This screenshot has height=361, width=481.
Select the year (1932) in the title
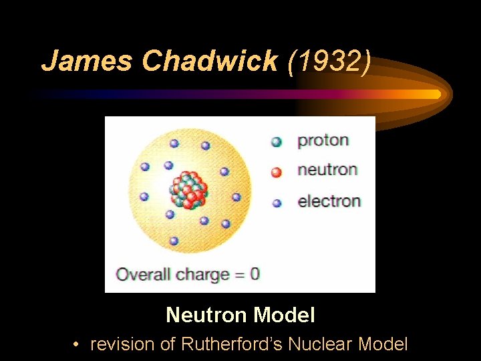[x=328, y=61]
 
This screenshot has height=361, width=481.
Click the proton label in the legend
[x=323, y=140]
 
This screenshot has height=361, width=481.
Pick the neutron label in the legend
[x=327, y=170]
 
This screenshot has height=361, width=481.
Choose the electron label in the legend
[x=329, y=201]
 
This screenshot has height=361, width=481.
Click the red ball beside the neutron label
[x=277, y=172]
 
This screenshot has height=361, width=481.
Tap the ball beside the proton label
[x=277, y=142]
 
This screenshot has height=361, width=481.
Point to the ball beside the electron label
[x=277, y=203]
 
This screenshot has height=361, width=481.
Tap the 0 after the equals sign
[x=255, y=273]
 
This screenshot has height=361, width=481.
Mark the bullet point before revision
[x=77, y=345]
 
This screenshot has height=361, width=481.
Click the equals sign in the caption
[x=238, y=274]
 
